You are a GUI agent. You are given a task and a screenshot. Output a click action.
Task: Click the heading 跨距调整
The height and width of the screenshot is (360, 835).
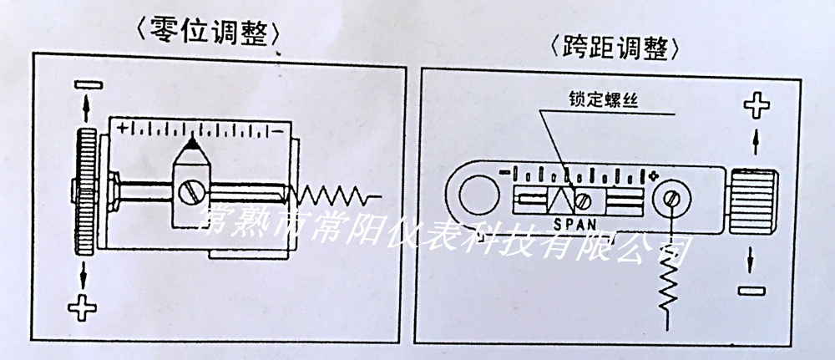[617, 49]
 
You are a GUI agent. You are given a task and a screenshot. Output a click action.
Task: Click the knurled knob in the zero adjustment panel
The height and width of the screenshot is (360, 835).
[84, 191]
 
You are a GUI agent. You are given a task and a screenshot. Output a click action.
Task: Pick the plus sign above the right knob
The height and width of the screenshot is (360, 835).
[755, 106]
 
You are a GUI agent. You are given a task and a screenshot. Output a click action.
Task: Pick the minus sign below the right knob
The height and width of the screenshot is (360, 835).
[754, 290]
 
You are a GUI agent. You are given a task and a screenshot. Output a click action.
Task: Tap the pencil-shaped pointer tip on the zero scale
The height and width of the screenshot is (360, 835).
[191, 149]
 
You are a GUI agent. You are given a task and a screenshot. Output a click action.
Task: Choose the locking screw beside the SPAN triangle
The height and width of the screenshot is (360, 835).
[586, 201]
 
